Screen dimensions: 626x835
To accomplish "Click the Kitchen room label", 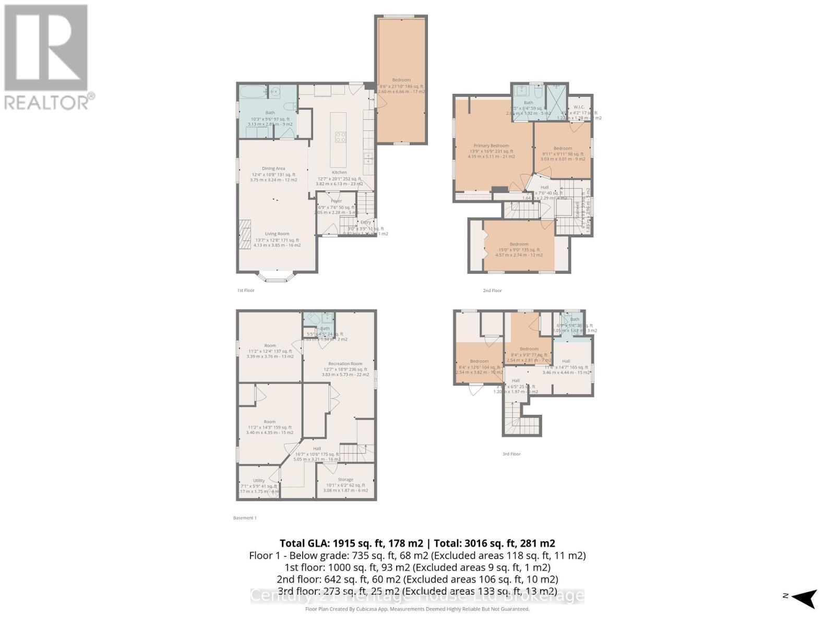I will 339,172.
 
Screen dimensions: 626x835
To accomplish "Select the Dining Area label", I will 273,168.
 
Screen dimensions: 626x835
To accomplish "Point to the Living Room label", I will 277,234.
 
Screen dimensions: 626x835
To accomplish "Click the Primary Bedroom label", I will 491,146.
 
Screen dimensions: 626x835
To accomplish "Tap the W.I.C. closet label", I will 578,107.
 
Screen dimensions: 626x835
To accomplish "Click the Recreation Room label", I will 345,364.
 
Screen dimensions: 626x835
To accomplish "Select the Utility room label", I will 259,480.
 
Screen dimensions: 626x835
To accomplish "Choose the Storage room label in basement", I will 345,479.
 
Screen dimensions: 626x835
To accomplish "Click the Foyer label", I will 336,201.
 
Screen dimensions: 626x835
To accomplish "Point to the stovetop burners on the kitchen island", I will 340,137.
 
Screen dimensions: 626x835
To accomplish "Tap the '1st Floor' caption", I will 246,290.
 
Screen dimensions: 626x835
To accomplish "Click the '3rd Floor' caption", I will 511,454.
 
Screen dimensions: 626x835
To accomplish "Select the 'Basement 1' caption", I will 245,518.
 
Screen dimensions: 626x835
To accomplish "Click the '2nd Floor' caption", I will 492,291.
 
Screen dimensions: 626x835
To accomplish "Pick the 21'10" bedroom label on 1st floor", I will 401,80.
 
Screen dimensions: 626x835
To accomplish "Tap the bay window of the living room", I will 277,277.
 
